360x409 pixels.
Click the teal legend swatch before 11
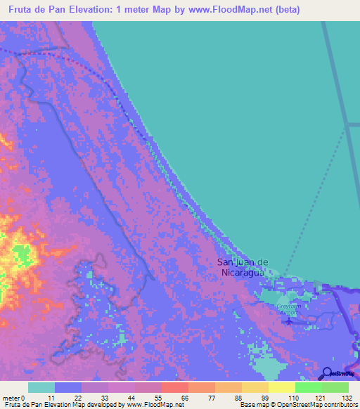coord(41,387)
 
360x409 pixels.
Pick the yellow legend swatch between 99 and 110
coord(281,387)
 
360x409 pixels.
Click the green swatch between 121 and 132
coord(335,387)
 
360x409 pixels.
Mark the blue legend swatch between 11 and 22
coord(68,387)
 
